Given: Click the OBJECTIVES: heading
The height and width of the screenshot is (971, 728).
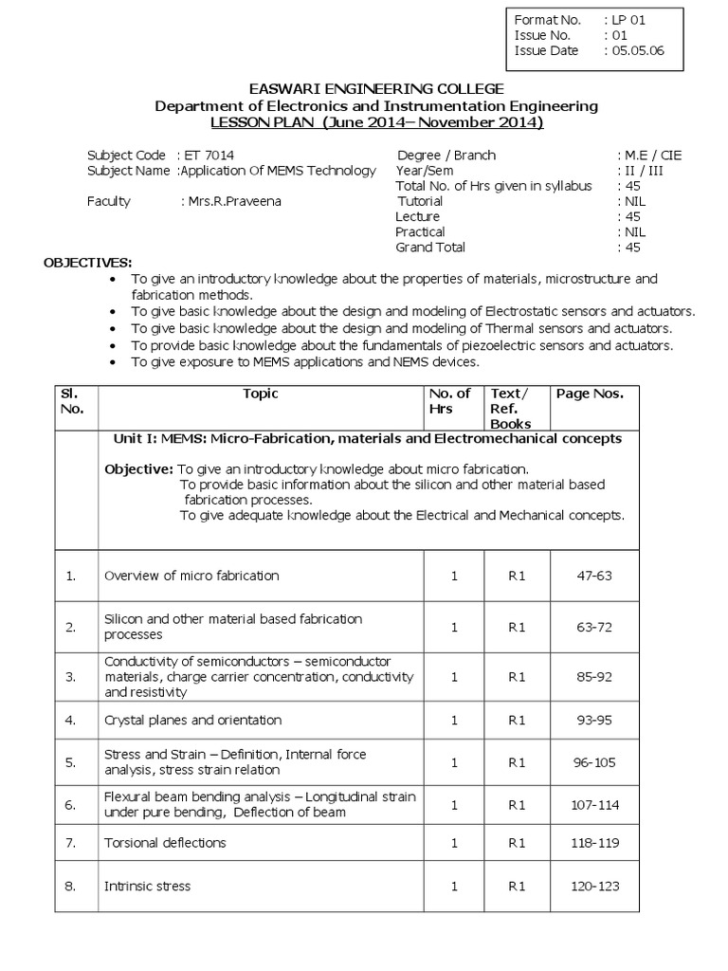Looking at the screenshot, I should (88, 262).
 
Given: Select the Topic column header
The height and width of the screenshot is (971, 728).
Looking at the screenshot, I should (261, 394).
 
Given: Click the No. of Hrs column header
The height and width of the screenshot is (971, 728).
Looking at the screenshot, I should (449, 401).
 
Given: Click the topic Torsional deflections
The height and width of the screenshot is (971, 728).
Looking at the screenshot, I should (165, 843).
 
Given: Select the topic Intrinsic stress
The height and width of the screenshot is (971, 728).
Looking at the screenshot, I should (147, 887).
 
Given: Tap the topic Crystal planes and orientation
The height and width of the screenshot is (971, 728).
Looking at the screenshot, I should (192, 721).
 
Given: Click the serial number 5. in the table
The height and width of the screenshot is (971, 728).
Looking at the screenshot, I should (70, 761).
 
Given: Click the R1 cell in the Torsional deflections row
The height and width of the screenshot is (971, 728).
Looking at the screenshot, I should (517, 843).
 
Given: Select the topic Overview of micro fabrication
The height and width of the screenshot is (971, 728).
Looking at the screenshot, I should (191, 576).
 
